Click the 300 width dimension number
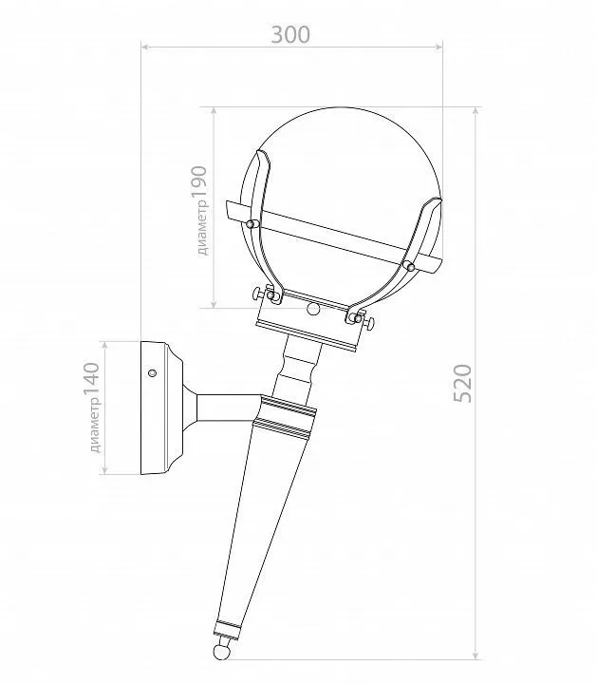pos(290,35)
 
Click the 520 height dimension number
pos(463,383)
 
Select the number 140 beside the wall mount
pos(92,379)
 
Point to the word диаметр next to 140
pos(95,426)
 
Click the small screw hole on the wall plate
pos(152,373)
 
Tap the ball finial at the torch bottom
pos(221,652)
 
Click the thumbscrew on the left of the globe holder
pos(257,294)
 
